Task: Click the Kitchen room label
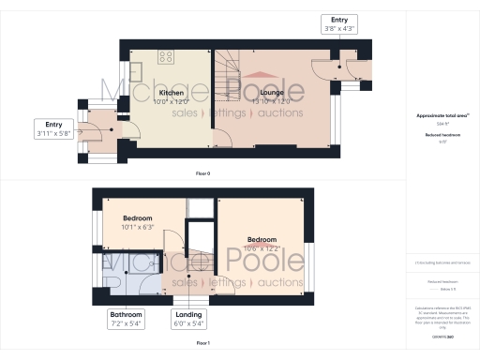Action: [x=171, y=93]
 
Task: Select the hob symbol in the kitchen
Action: [x=165, y=57]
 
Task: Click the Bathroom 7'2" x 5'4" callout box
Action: [x=125, y=318]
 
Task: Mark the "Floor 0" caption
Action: [x=202, y=174]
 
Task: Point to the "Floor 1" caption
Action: [x=202, y=343]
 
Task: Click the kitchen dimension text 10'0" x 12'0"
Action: [x=171, y=101]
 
